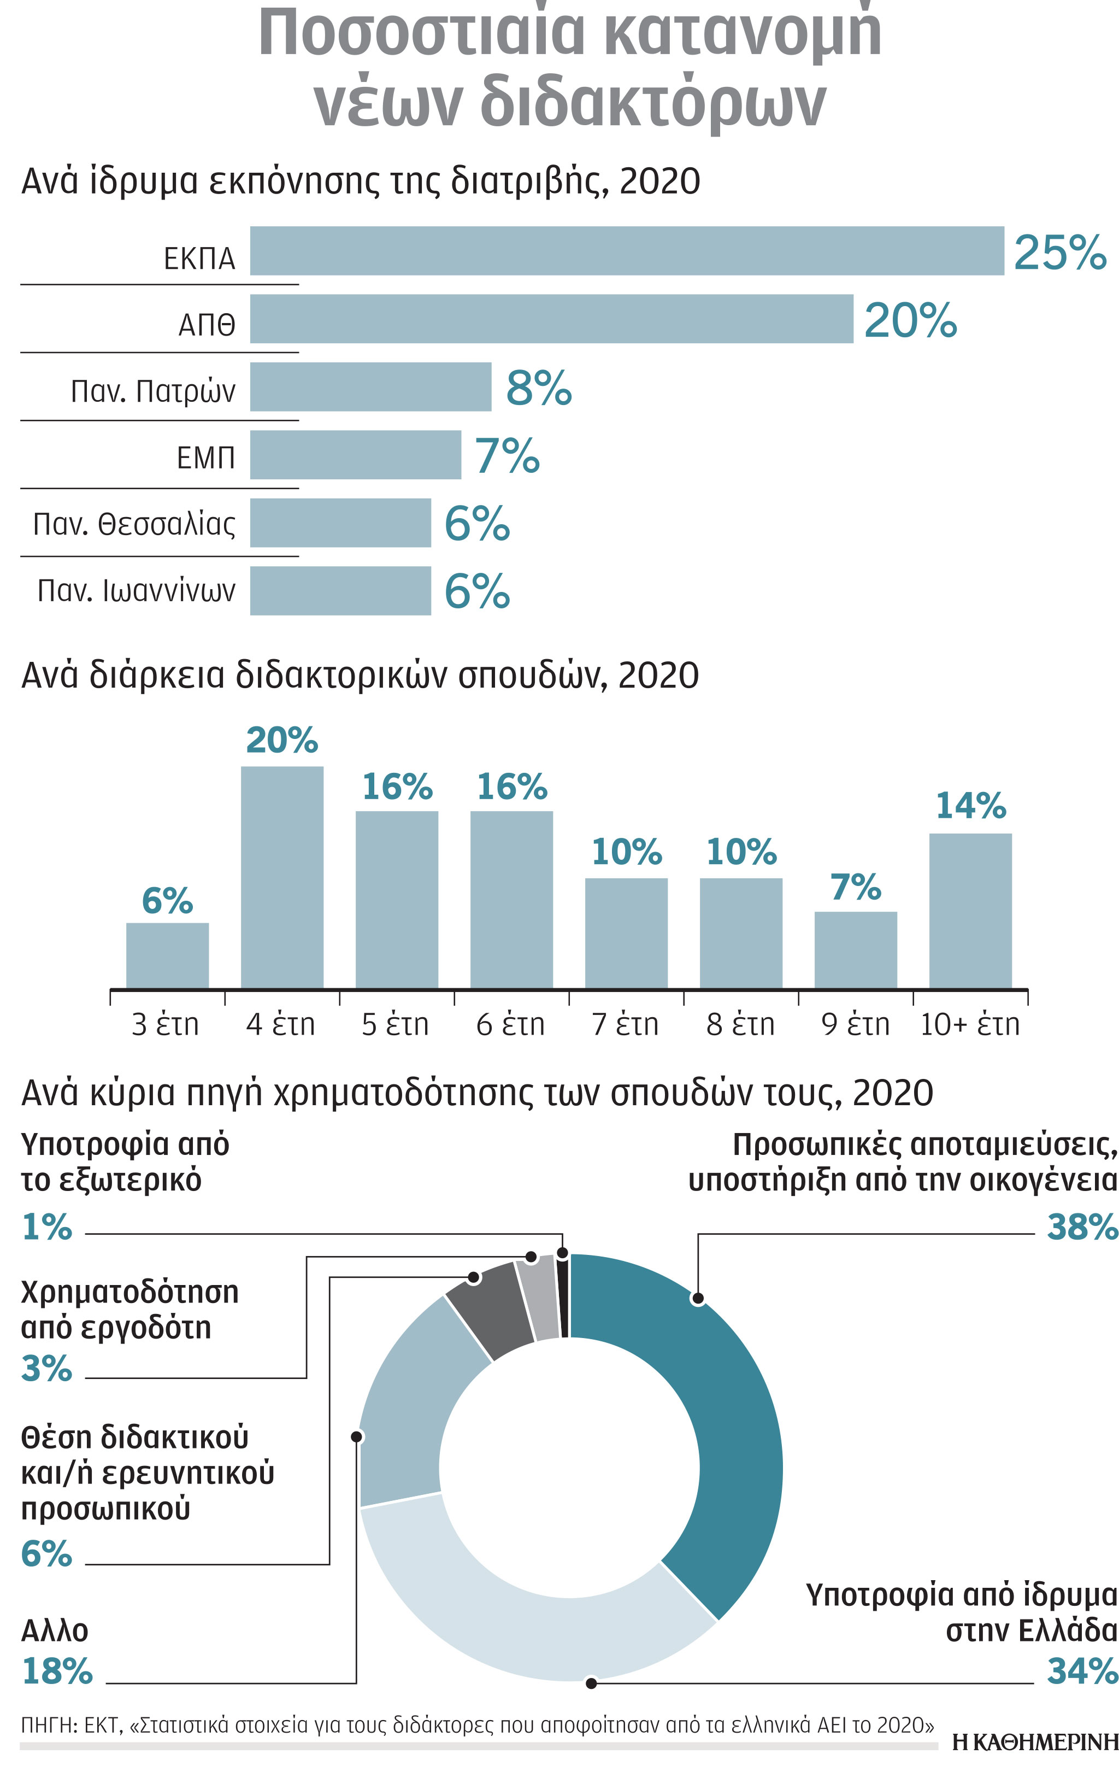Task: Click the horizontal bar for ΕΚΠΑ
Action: (x=626, y=251)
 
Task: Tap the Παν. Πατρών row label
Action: (x=152, y=391)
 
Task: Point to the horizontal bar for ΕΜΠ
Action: (x=355, y=455)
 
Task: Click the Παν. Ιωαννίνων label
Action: (x=137, y=590)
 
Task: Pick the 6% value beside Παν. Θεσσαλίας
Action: (x=476, y=524)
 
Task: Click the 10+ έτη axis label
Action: (x=969, y=1024)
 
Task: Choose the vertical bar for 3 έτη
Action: (x=167, y=955)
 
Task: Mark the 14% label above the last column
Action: (x=970, y=806)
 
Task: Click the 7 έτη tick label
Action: (x=625, y=1024)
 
